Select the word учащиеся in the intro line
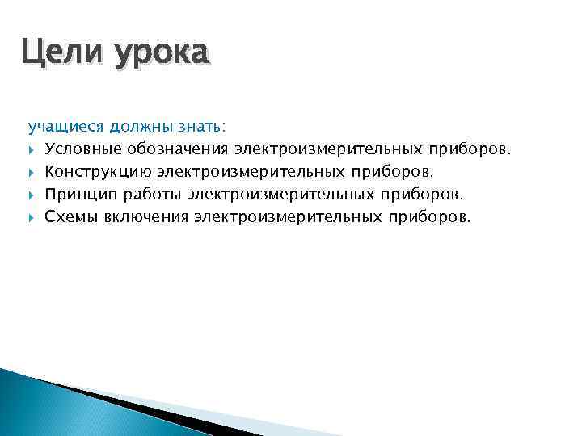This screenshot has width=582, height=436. [66, 127]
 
